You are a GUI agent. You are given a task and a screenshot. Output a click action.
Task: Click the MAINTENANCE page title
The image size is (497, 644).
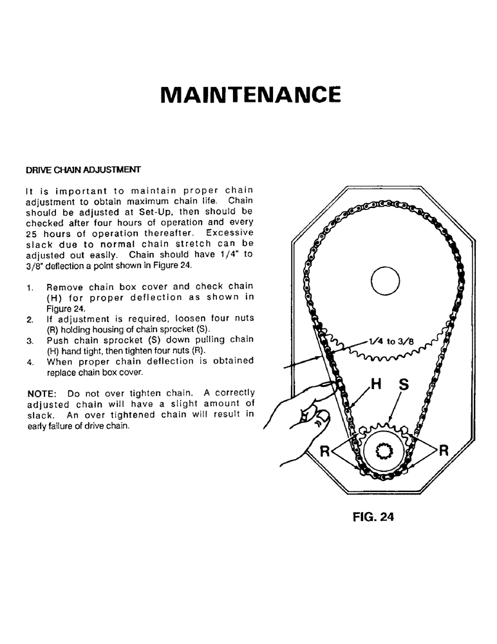[x=248, y=94]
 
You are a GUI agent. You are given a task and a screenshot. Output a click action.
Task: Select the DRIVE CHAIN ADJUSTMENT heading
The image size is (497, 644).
[x=83, y=170]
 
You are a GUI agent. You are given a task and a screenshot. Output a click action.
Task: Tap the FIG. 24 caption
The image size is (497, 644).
[x=373, y=516]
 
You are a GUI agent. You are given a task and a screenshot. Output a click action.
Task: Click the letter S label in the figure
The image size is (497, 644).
[x=403, y=384]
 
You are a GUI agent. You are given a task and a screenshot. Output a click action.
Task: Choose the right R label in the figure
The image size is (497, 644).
[x=443, y=450]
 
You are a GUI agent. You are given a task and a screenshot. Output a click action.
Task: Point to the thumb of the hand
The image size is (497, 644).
[x=317, y=419]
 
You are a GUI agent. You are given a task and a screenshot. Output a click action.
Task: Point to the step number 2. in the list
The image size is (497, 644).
[x=30, y=319]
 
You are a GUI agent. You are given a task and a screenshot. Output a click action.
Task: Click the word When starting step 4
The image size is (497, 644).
[x=60, y=361]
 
